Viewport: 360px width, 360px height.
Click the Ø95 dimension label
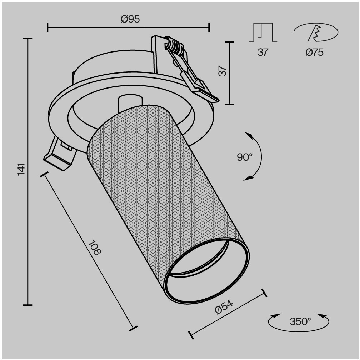coord(130,19)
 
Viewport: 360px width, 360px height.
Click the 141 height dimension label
coord(21,169)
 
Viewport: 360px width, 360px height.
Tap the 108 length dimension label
coord(95,248)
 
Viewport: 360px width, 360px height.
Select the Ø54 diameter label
coord(224,307)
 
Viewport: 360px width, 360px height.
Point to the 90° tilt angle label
coord(245,157)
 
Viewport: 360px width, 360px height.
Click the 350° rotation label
coord(300,322)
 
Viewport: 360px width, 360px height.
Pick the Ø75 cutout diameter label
coord(315,52)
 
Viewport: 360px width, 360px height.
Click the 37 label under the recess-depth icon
coord(263,52)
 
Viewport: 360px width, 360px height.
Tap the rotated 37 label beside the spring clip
coord(222,71)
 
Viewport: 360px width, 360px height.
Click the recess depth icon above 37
coord(263,32)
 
